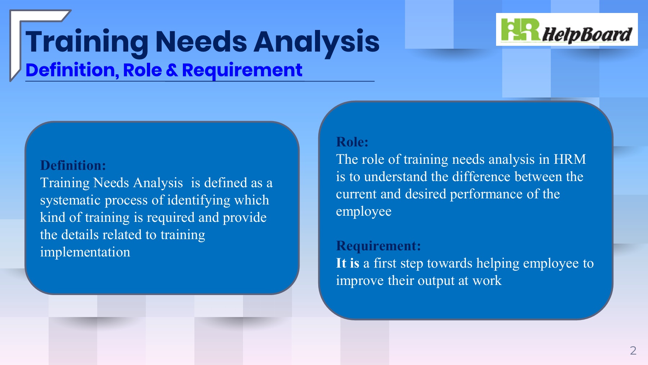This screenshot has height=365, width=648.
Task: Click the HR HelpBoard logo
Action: pyautogui.click(x=567, y=30)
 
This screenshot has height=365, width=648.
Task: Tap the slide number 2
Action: pyautogui.click(x=633, y=351)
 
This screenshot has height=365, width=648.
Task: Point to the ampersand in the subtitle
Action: pyautogui.click(x=172, y=70)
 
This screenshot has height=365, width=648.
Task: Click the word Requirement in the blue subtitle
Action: pyautogui.click(x=242, y=70)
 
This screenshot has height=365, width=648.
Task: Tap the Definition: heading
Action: pyautogui.click(x=73, y=165)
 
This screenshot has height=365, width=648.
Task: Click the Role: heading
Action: pyautogui.click(x=352, y=142)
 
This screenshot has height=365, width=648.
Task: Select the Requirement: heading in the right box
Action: pyautogui.click(x=378, y=246)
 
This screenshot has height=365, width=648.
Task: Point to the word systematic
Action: pyautogui.click(x=71, y=200)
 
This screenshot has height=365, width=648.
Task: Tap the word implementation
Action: pyautogui.click(x=85, y=252)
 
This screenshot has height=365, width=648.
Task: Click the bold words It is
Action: pyautogui.click(x=348, y=263)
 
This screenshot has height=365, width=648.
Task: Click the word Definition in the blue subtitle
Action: pyautogui.click(x=72, y=70)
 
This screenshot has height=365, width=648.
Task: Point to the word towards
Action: pyautogui.click(x=450, y=263)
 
